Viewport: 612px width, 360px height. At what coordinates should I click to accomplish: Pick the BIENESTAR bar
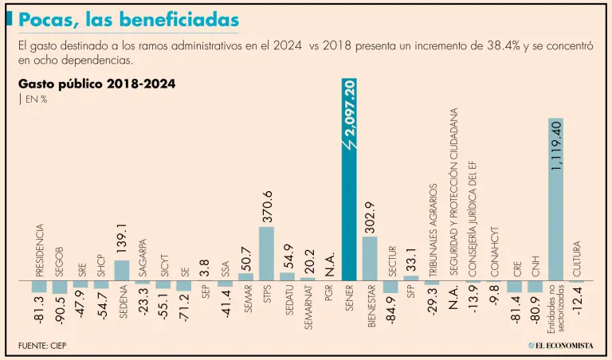tap(370, 259)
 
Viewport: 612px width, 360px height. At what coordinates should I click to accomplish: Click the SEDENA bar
tap(122, 271)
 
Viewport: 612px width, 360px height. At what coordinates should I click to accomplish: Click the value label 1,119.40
tap(556, 143)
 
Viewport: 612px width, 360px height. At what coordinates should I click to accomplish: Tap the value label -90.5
tap(60, 310)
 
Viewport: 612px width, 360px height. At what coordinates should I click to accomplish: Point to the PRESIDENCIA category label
tap(39, 250)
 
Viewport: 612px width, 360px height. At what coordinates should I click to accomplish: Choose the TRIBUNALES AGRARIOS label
tap(433, 231)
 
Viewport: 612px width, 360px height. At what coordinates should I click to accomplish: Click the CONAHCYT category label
tap(494, 250)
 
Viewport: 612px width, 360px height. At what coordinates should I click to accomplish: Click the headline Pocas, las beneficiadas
tap(127, 18)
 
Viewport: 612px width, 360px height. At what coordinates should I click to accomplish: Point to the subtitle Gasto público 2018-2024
tap(96, 83)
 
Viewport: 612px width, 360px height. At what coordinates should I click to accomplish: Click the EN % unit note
tap(35, 99)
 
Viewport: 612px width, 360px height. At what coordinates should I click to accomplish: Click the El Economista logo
tap(560, 345)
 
